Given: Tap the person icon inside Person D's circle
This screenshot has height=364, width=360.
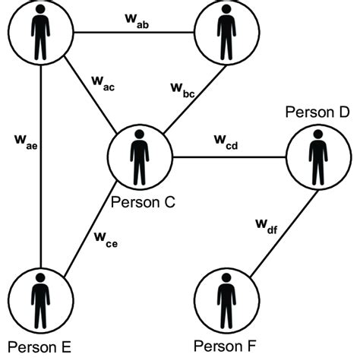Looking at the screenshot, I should click(x=317, y=158).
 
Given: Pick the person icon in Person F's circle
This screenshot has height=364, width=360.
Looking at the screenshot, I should click(x=225, y=298).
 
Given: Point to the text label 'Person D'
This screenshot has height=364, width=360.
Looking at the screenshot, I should click(x=317, y=113).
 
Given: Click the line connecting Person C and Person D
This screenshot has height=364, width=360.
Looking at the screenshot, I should click(x=228, y=158).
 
